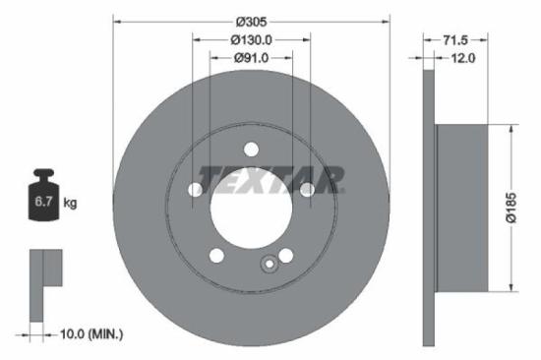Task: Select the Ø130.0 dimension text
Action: pos(251,39)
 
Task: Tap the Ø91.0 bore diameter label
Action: pos(251,58)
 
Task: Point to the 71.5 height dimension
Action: pos(454,39)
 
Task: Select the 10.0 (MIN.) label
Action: pos(90,334)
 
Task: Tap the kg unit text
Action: pos(70,204)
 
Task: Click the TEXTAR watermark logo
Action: pos(271,180)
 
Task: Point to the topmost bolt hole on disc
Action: pos(251,150)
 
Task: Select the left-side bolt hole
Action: pos(195,191)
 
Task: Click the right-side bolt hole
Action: pos(307,190)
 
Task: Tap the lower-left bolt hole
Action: pos(215,256)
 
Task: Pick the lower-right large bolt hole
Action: pos(286,256)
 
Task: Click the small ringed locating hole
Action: pos(267,263)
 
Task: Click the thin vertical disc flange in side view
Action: pos(428,207)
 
